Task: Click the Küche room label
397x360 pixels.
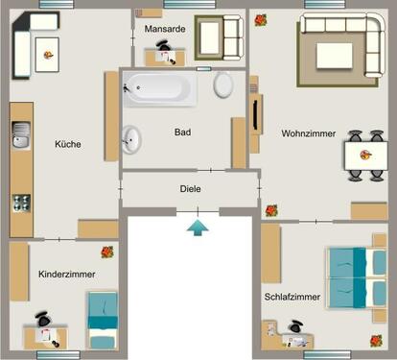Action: [68, 144]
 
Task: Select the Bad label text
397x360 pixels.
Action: [181, 132]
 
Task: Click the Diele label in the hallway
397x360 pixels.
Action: [190, 189]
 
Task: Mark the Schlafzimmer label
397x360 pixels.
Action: [292, 297]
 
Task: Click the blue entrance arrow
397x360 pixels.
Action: [196, 227]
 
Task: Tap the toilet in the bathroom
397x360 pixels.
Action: [223, 84]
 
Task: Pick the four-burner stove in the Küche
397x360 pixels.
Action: [20, 203]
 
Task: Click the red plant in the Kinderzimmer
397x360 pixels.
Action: [106, 252]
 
